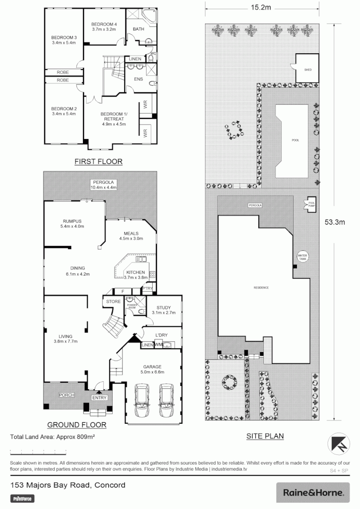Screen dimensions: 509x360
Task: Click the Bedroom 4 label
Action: click(104, 24)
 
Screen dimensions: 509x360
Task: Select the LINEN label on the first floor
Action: click(136, 58)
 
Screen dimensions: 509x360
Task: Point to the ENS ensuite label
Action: click(138, 79)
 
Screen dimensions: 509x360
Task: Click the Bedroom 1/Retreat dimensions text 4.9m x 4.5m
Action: click(113, 125)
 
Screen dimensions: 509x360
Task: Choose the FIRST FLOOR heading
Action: click(98, 162)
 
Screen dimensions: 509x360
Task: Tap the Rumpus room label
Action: click(72, 221)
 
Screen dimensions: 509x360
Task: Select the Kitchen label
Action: click(135, 272)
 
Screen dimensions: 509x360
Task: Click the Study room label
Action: click(164, 307)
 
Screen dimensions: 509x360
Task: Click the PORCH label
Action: click(65, 395)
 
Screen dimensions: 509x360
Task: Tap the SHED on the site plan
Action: click(308, 69)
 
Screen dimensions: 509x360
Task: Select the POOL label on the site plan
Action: click(295, 140)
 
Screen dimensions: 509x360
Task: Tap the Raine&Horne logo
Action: click(313, 493)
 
